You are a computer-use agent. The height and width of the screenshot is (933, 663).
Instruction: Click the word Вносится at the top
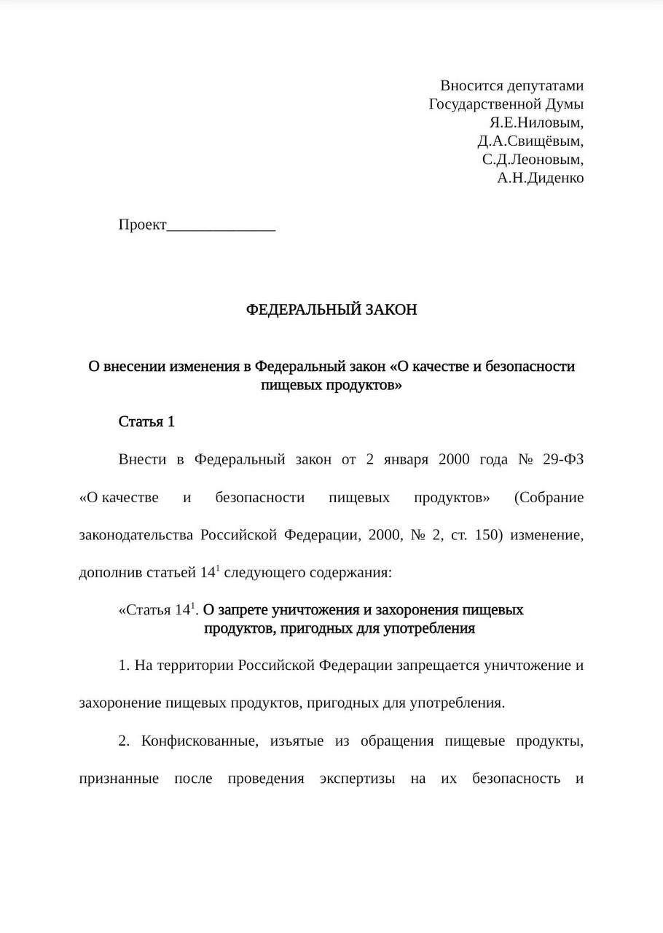[x=471, y=86]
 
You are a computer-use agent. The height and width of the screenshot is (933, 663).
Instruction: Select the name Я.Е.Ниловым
[x=536, y=122]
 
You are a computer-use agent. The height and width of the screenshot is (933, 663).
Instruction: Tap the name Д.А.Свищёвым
[x=530, y=141]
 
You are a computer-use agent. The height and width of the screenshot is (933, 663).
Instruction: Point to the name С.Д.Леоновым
[x=533, y=159]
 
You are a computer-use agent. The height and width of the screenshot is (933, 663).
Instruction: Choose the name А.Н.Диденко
[x=540, y=178]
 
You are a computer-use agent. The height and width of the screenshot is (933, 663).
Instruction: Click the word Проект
[x=143, y=225]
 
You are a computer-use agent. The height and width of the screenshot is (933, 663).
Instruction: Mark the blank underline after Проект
[x=221, y=226]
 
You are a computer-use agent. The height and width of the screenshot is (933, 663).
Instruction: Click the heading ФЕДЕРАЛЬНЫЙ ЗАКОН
[x=331, y=310]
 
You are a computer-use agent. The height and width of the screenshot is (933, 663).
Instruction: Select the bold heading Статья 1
[x=146, y=422]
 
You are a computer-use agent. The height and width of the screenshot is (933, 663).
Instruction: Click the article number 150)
[x=489, y=535]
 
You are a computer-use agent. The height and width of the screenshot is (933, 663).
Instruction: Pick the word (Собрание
[x=549, y=498]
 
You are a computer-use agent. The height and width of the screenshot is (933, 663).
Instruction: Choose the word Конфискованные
[x=199, y=741]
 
